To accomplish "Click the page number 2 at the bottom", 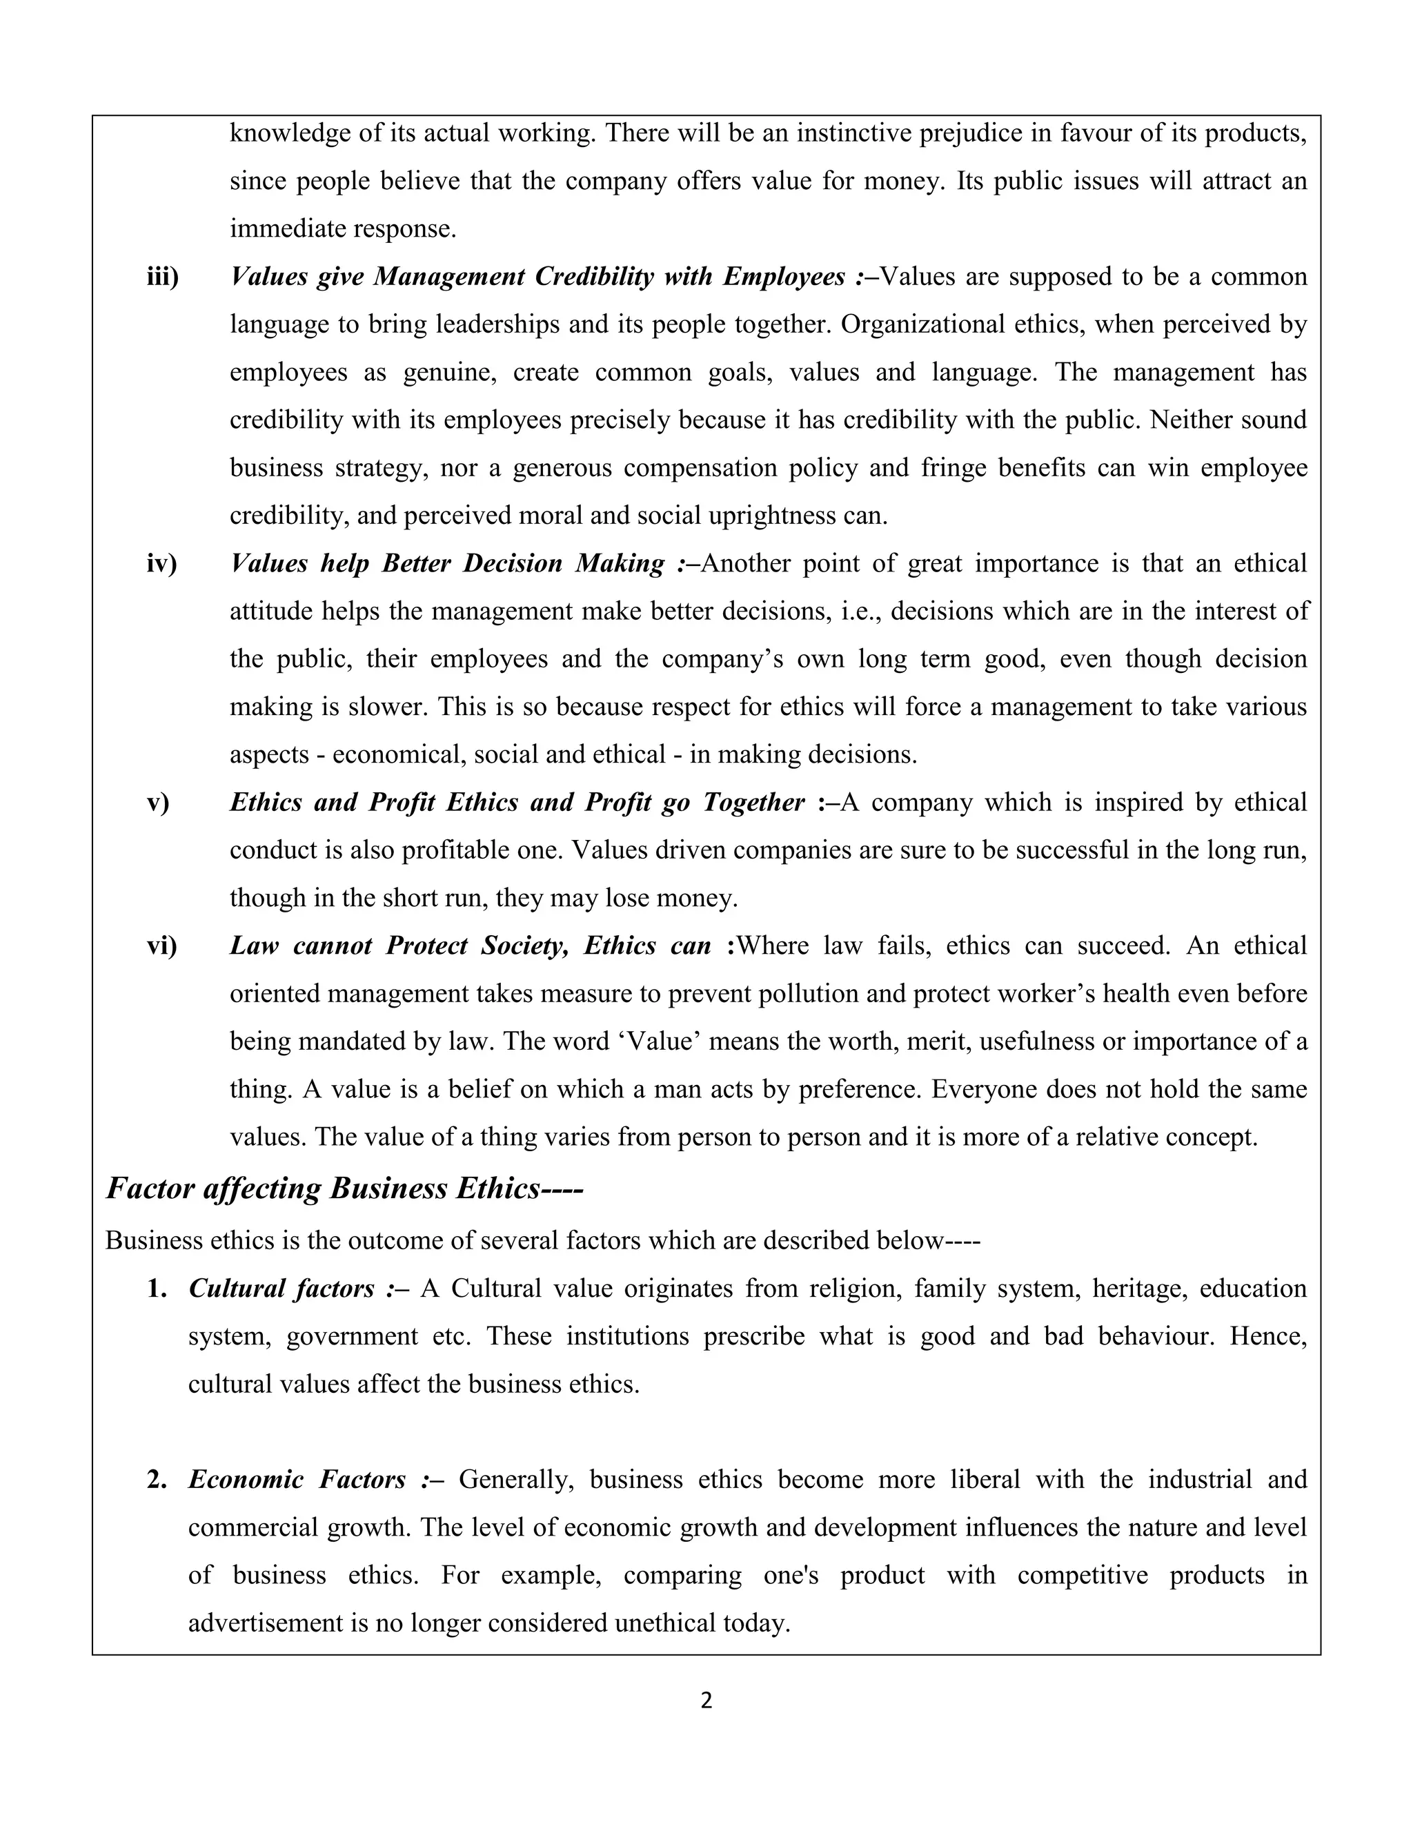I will coord(706,1701).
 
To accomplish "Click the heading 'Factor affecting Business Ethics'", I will coord(343,1189).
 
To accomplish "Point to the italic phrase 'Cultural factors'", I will coord(281,1288).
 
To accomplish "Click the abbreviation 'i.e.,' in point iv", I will coord(858,612).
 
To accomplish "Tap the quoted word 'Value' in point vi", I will coord(657,1041).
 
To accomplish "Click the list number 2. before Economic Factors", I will coord(157,1480).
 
